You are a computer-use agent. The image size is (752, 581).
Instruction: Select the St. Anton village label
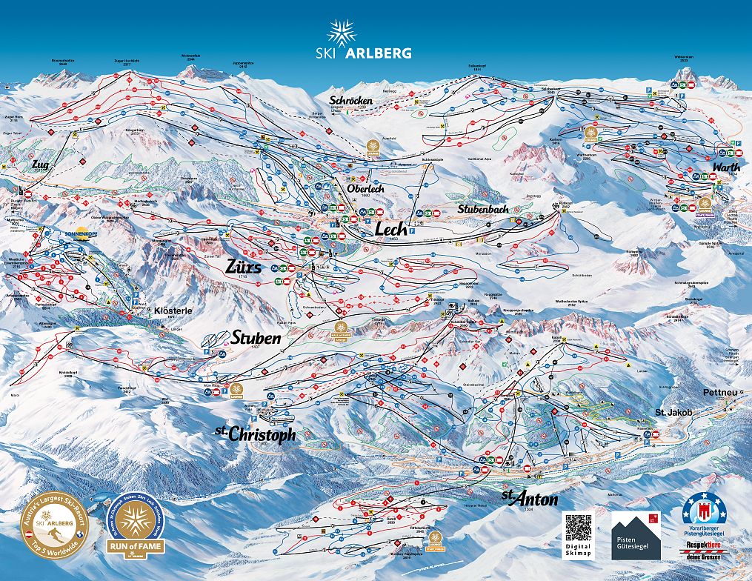tap(519, 497)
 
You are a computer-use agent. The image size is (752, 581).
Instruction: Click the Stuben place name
tap(256, 338)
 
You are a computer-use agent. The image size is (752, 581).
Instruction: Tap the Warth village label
tap(725, 167)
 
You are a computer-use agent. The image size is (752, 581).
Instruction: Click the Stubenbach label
tap(482, 210)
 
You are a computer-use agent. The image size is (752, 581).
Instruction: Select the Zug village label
tap(40, 164)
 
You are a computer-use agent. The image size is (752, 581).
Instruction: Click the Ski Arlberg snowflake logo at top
tap(342, 33)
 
